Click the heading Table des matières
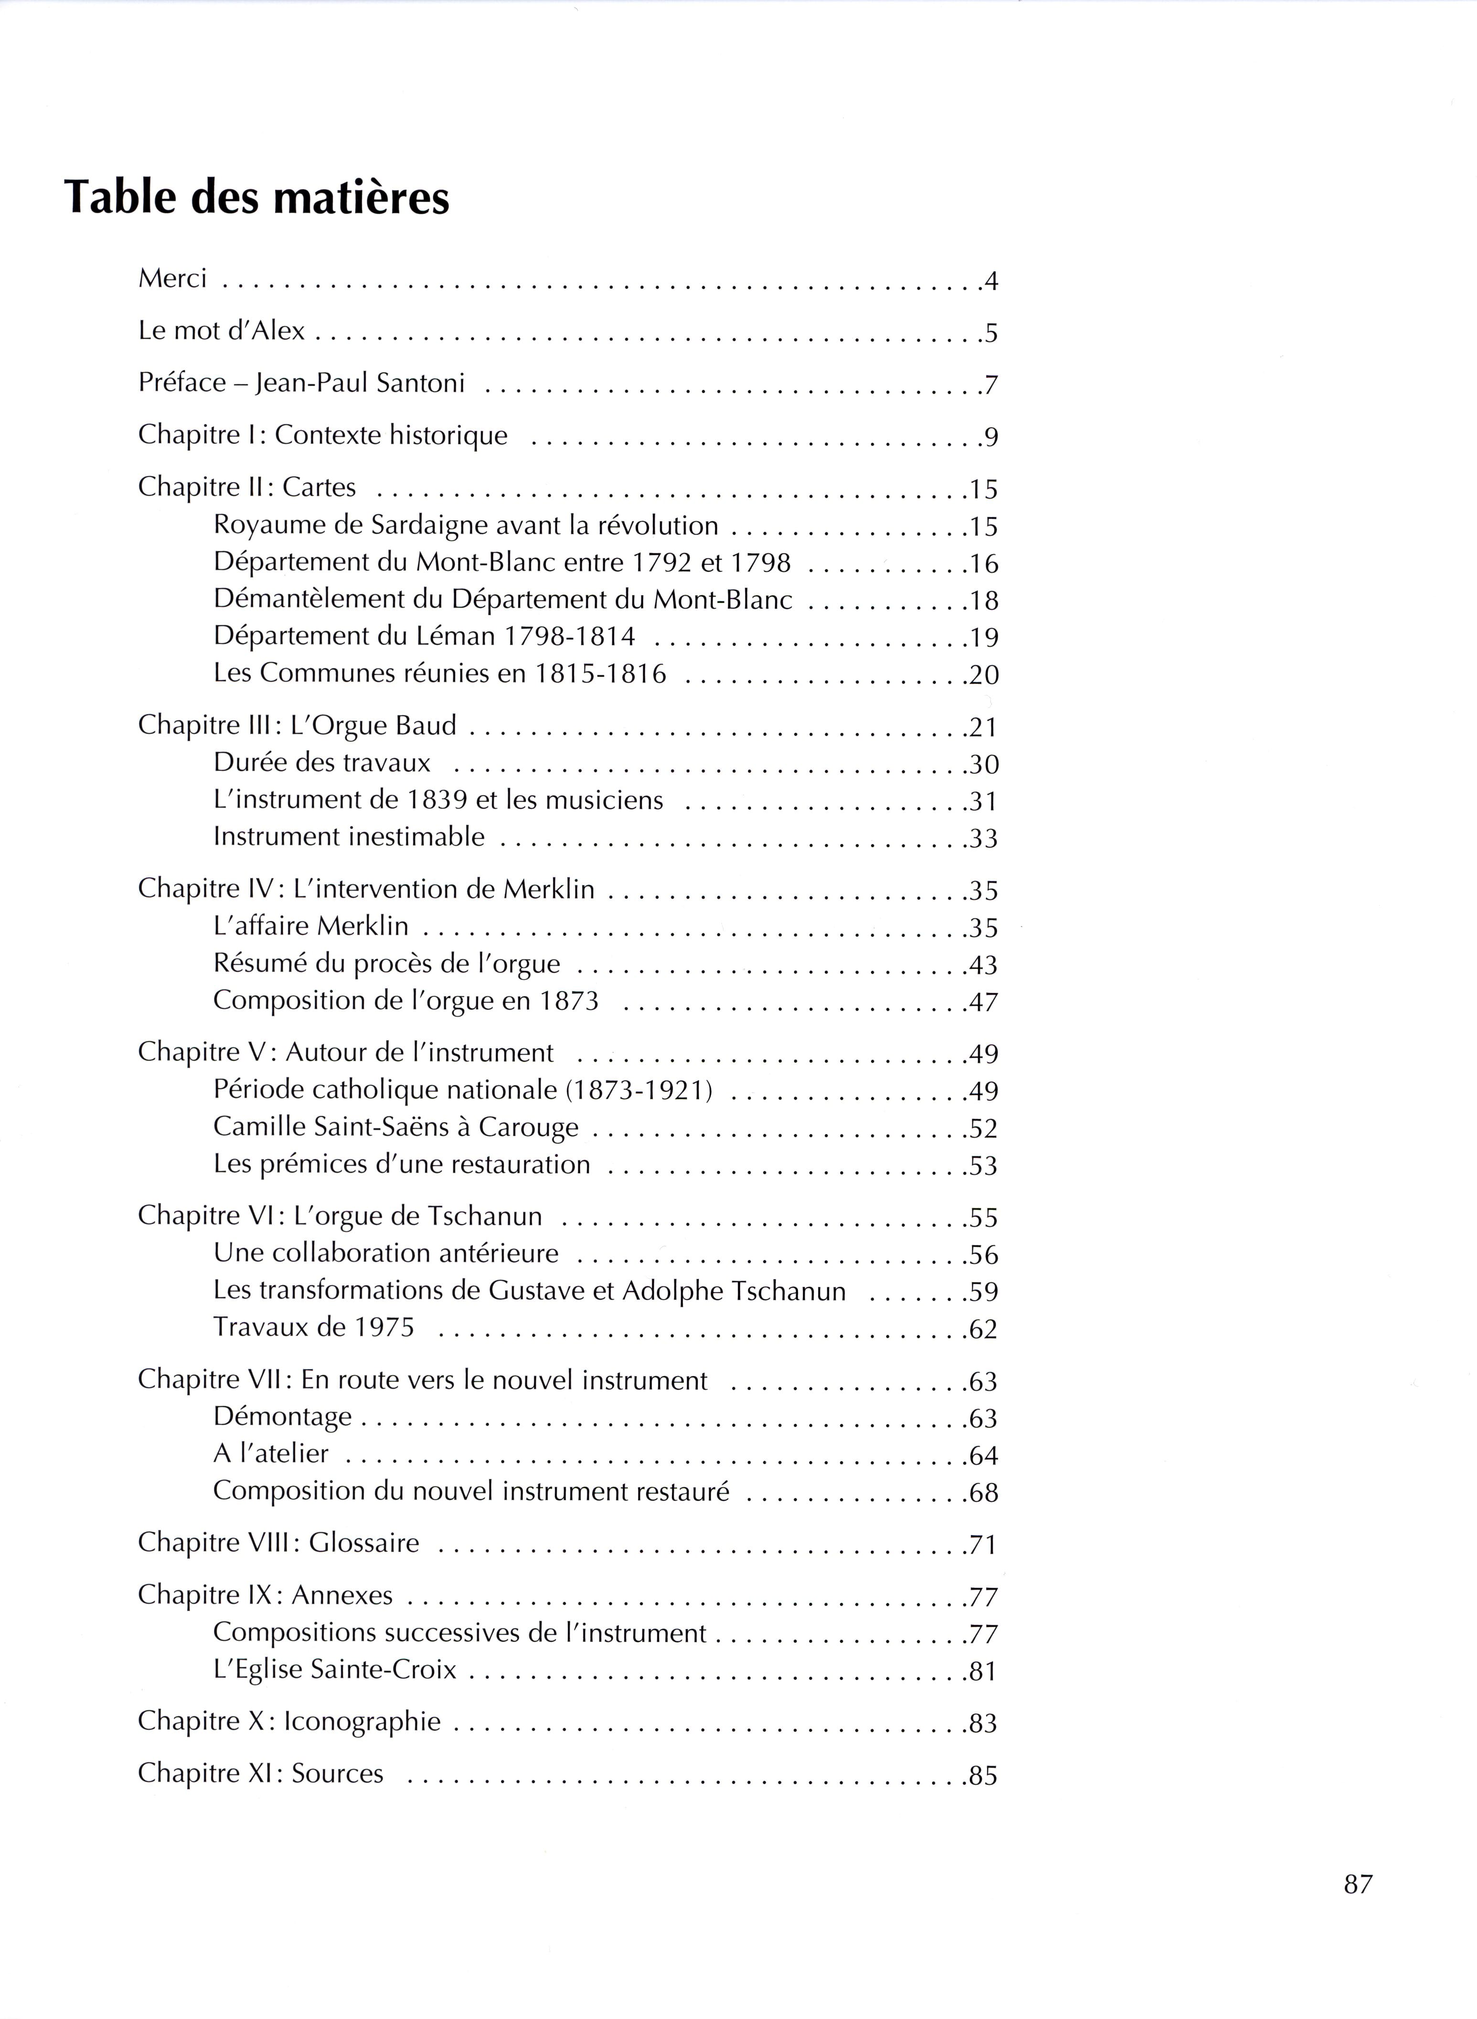[256, 198]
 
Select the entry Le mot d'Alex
[221, 331]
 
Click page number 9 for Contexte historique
[990, 437]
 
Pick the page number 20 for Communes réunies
[984, 675]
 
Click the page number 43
[984, 965]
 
